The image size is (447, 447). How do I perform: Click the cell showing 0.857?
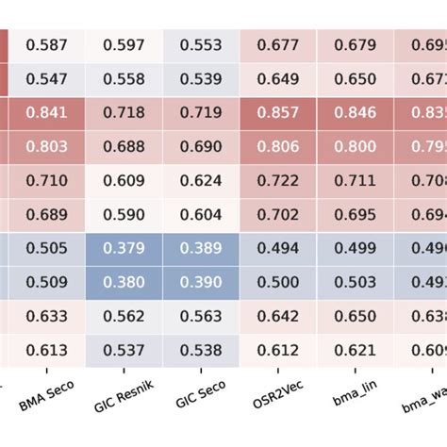277,112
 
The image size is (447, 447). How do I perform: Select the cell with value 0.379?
124,248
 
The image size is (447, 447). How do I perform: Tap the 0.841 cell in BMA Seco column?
46,112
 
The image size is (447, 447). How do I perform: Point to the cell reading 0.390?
201,282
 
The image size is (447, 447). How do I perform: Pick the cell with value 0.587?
46,44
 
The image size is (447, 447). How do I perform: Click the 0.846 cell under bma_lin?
355,112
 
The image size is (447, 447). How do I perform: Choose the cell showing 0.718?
124,112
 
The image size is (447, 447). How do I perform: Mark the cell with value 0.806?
277,146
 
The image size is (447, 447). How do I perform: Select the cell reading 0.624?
201,180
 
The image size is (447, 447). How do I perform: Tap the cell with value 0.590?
124,214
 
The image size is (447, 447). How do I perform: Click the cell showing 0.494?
277,248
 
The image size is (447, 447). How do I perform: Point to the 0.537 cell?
124,350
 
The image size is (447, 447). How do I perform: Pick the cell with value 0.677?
277,44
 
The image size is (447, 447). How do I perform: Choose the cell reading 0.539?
201,78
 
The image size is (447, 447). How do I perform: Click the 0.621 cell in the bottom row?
355,350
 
